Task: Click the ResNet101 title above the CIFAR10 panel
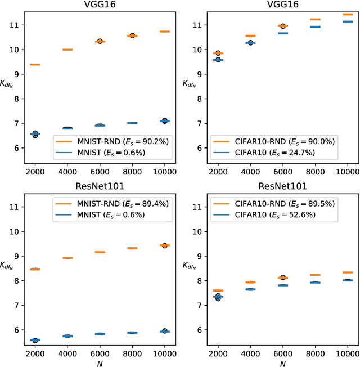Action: [283, 186]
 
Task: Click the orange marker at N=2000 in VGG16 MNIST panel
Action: [35, 65]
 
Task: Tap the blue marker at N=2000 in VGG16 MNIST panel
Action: [35, 134]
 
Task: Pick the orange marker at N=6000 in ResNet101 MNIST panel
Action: [100, 252]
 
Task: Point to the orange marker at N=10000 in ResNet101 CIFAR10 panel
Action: [348, 272]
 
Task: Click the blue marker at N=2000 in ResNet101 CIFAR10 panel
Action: [218, 297]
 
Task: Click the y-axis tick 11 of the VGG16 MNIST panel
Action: [16, 25]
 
